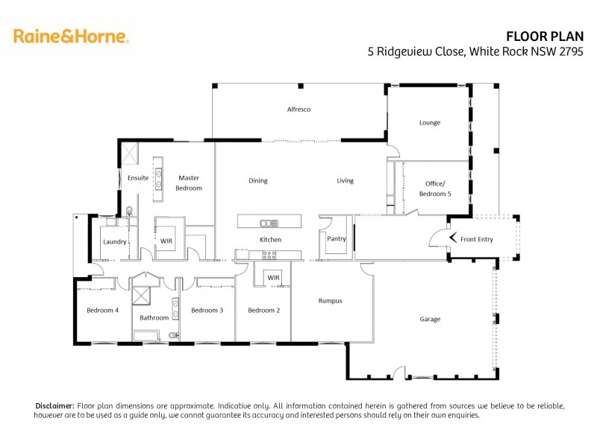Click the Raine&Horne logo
point(71,36)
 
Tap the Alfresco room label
point(298,110)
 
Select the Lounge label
point(430,122)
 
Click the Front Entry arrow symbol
point(453,239)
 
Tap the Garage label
point(430,319)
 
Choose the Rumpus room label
point(330,301)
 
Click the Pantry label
point(337,239)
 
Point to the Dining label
point(258,180)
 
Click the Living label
point(345,180)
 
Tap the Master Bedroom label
point(189,183)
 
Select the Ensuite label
point(138,178)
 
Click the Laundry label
point(114,241)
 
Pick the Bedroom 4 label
point(102,310)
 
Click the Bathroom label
point(154,317)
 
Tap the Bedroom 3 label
point(207,310)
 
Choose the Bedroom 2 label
point(264,310)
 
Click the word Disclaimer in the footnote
point(55,405)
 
